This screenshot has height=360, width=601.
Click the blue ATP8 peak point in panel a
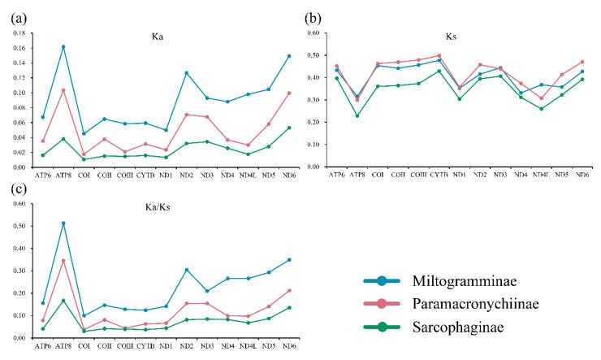coord(63,46)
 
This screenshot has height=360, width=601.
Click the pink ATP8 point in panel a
coord(63,90)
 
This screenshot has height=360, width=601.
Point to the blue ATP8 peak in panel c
coord(63,223)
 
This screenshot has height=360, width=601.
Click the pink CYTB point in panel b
coord(439,56)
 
